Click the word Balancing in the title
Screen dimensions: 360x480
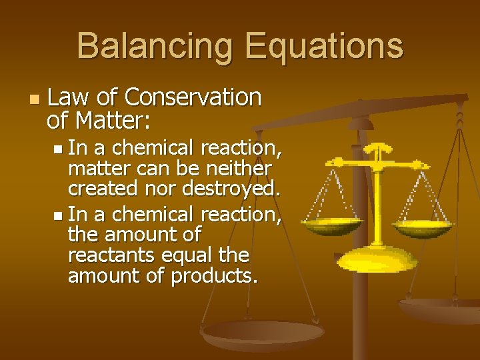click(155, 47)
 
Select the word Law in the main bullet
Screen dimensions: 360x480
click(69, 97)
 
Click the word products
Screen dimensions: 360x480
click(213, 275)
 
